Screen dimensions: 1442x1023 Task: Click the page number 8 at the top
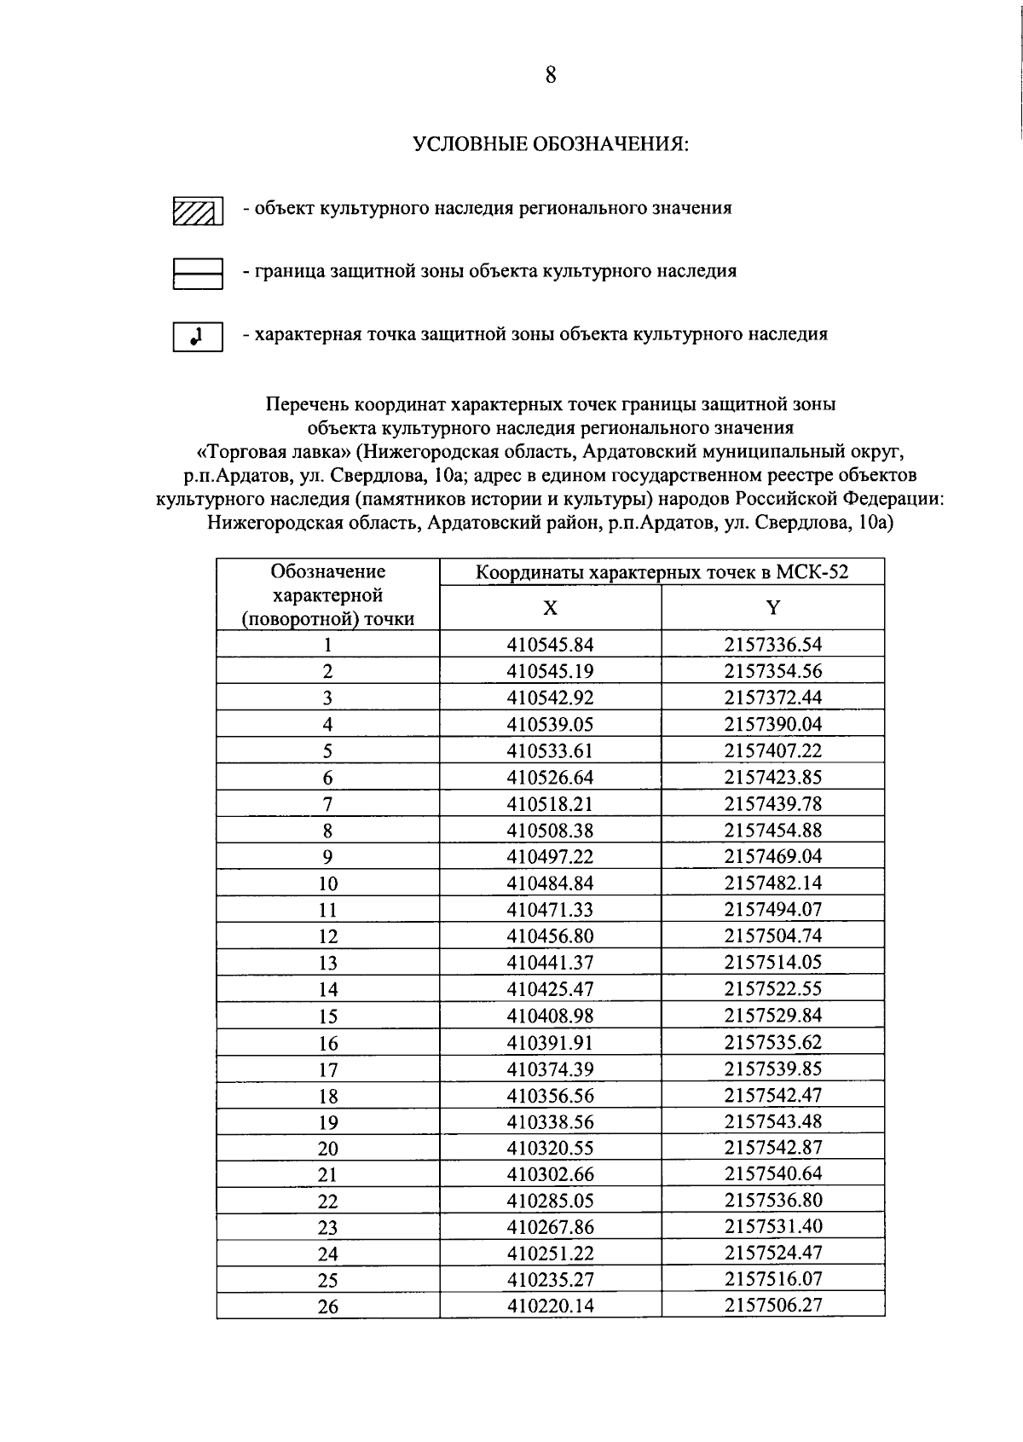(550, 75)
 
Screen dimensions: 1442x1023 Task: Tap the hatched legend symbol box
(198, 210)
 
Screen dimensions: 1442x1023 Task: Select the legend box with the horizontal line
(198, 274)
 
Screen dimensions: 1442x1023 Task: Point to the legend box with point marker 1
(198, 337)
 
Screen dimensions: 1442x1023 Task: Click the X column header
(550, 607)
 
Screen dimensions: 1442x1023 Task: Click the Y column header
(772, 607)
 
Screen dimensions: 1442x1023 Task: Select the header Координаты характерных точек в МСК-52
(662, 571)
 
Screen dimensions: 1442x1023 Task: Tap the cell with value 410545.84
(550, 645)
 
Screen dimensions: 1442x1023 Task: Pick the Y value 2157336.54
(772, 645)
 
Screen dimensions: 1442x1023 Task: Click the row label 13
(328, 963)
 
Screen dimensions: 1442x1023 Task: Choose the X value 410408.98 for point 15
(550, 1016)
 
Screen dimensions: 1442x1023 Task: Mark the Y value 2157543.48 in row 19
(772, 1121)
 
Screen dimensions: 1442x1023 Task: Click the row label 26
(328, 1306)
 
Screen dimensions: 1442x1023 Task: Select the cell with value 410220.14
(550, 1306)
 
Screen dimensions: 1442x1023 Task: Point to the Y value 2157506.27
(772, 1306)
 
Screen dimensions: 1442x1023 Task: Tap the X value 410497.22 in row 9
(550, 856)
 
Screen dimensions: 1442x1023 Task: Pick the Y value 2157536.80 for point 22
(772, 1201)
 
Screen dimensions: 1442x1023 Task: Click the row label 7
(328, 804)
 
